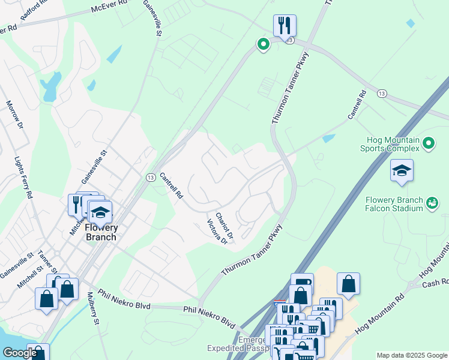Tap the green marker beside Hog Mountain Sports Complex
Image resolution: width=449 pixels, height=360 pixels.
[x=428, y=143]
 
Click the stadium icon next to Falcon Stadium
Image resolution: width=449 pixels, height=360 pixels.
[x=432, y=204]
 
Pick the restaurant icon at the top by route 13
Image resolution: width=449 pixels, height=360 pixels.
[x=284, y=25]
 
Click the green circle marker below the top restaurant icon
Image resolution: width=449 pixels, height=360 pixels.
[x=262, y=44]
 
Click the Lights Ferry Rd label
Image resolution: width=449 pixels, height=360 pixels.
[x=22, y=178]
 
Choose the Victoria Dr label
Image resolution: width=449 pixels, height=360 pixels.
[x=217, y=232]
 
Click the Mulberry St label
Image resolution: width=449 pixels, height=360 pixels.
[x=92, y=309]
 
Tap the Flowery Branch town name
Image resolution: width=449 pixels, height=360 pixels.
[x=101, y=232]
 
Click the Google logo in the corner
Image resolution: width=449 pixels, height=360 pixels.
[x=20, y=353]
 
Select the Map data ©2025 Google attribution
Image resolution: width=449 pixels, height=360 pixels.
[x=411, y=355]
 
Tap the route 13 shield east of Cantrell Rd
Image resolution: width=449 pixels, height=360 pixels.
[x=382, y=93]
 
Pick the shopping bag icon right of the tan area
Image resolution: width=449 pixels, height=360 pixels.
[x=348, y=284]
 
